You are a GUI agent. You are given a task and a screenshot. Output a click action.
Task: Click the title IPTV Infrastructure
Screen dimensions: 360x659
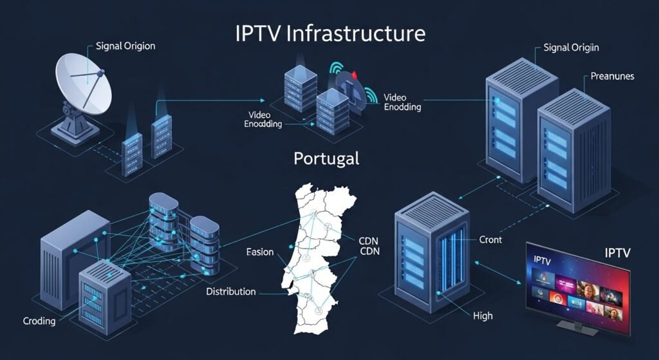(330, 33)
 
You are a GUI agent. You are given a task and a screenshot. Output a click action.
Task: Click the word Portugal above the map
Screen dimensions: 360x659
(326, 158)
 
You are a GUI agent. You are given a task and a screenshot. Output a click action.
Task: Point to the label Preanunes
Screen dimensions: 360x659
(612, 76)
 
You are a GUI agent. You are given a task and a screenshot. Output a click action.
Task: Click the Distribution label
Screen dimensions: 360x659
(230, 292)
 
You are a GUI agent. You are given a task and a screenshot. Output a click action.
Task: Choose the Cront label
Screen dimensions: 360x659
(490, 240)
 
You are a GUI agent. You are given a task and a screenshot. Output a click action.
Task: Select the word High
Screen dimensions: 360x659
(482, 316)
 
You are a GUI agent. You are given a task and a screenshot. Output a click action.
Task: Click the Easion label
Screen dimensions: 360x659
(259, 252)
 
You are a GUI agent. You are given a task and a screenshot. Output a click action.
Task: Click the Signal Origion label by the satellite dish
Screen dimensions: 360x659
(125, 46)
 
